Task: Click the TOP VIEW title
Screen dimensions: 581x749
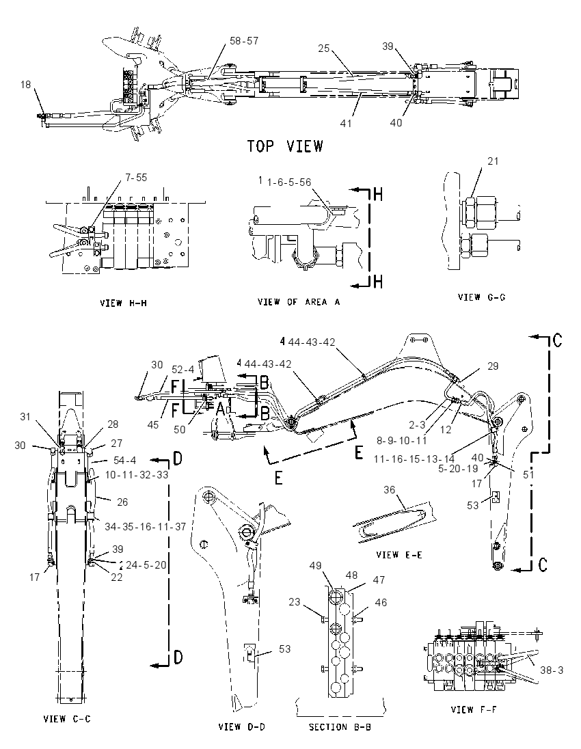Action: (x=285, y=146)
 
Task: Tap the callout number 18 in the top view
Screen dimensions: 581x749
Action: (x=25, y=85)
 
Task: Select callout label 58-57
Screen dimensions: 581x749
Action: (x=243, y=41)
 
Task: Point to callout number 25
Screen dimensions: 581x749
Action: (x=324, y=49)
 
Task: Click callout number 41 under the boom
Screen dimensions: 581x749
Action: (x=346, y=123)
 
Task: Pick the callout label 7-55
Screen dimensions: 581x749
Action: (x=136, y=178)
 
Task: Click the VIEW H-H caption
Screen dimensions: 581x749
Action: (x=123, y=303)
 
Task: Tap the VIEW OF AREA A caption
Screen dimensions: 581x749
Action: (x=299, y=302)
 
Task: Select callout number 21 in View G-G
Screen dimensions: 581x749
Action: (x=493, y=161)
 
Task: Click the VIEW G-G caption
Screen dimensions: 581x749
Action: (x=482, y=297)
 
